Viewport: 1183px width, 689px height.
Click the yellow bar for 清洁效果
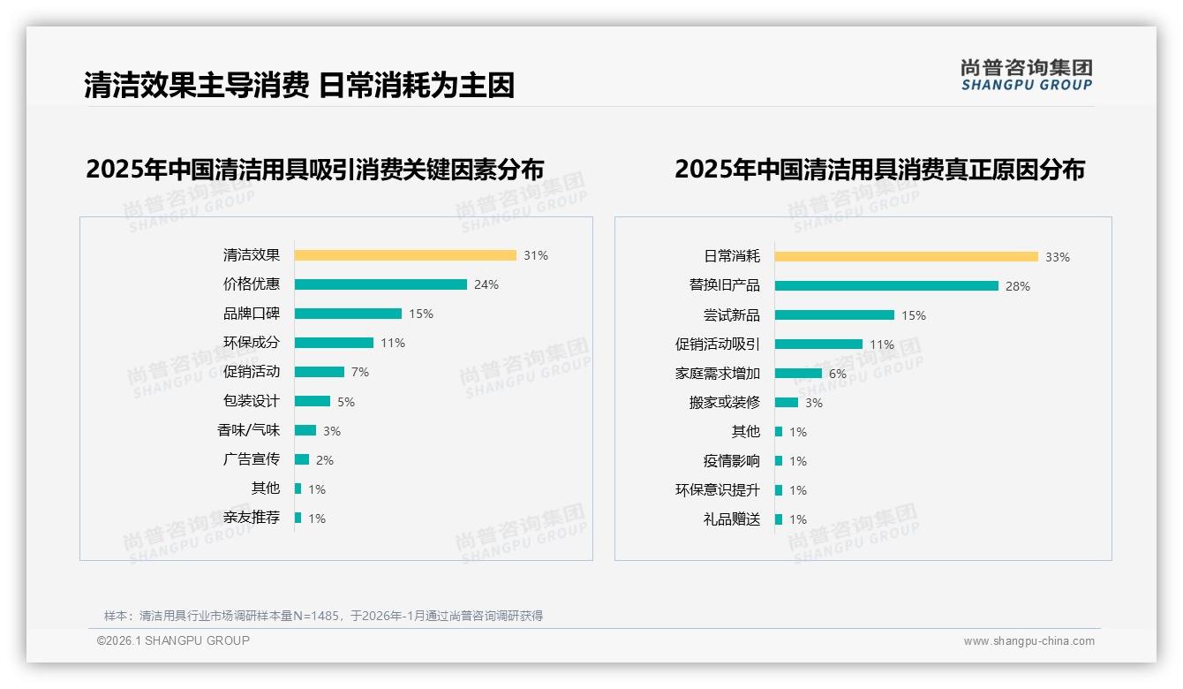pos(405,255)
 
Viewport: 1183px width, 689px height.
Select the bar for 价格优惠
pos(381,284)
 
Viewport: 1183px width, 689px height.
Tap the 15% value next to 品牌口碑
pos(421,314)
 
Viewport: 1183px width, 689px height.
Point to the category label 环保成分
pos(252,343)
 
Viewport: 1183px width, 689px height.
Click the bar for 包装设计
pos(313,401)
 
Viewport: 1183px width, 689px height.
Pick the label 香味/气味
pos(249,430)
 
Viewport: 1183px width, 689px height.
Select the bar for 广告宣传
pos(302,459)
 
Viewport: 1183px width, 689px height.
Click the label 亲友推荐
pos(252,518)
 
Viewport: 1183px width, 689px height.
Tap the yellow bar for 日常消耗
pos(907,257)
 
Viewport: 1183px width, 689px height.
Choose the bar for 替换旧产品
pos(886,286)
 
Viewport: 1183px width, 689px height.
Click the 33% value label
pos(1058,257)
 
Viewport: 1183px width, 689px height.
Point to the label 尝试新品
pos(732,315)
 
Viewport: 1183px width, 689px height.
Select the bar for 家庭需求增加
pos(798,374)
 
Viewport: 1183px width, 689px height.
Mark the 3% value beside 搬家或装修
pos(814,403)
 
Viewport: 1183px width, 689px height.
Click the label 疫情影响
pos(732,461)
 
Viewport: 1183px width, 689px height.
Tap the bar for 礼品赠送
pos(779,519)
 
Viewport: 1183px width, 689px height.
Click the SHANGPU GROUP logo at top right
pos(1027,75)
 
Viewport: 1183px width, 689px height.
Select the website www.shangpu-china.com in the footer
pos(1029,641)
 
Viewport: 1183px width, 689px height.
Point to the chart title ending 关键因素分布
pos(315,169)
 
